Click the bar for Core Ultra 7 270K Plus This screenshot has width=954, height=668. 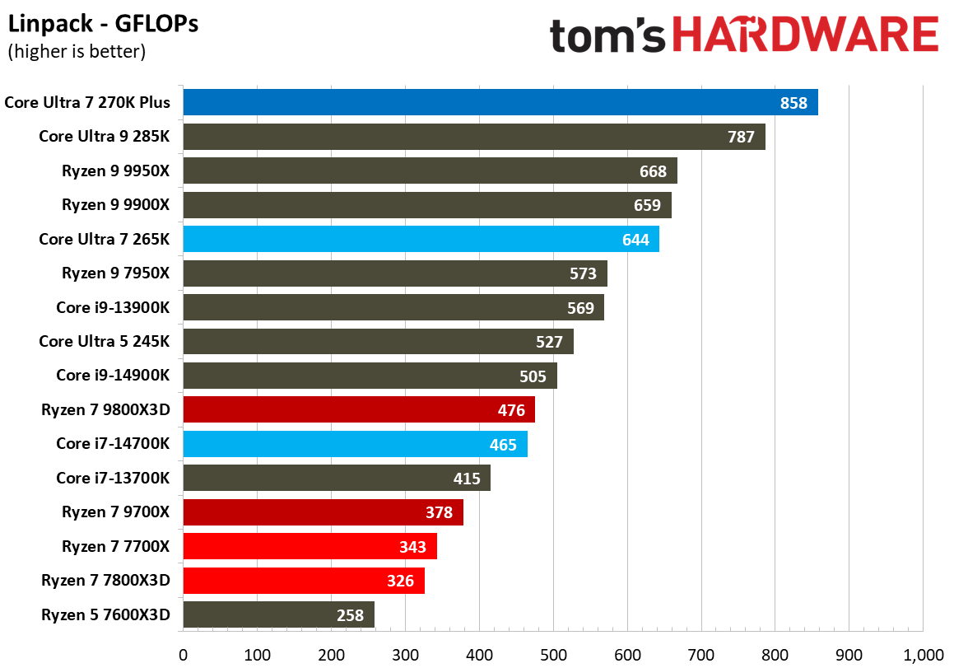500,103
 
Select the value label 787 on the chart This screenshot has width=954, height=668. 741,137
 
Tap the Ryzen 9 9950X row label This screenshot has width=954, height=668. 115,171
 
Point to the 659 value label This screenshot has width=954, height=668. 647,205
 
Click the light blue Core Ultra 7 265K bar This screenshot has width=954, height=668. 421,240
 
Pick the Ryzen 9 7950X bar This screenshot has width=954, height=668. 394,273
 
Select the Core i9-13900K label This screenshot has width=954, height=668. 113,307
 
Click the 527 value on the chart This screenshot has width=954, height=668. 548,342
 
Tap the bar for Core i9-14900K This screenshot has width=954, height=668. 370,376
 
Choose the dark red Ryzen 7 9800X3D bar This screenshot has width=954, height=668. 358,410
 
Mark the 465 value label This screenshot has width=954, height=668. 503,445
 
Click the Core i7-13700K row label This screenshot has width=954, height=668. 113,478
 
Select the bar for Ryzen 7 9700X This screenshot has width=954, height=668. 323,512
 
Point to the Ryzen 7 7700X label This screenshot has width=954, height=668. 115,546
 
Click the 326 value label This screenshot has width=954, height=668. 400,581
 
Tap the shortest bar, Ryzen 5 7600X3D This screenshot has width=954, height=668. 278,614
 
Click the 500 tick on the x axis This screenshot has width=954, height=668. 553,655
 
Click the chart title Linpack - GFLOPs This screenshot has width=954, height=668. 103,25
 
